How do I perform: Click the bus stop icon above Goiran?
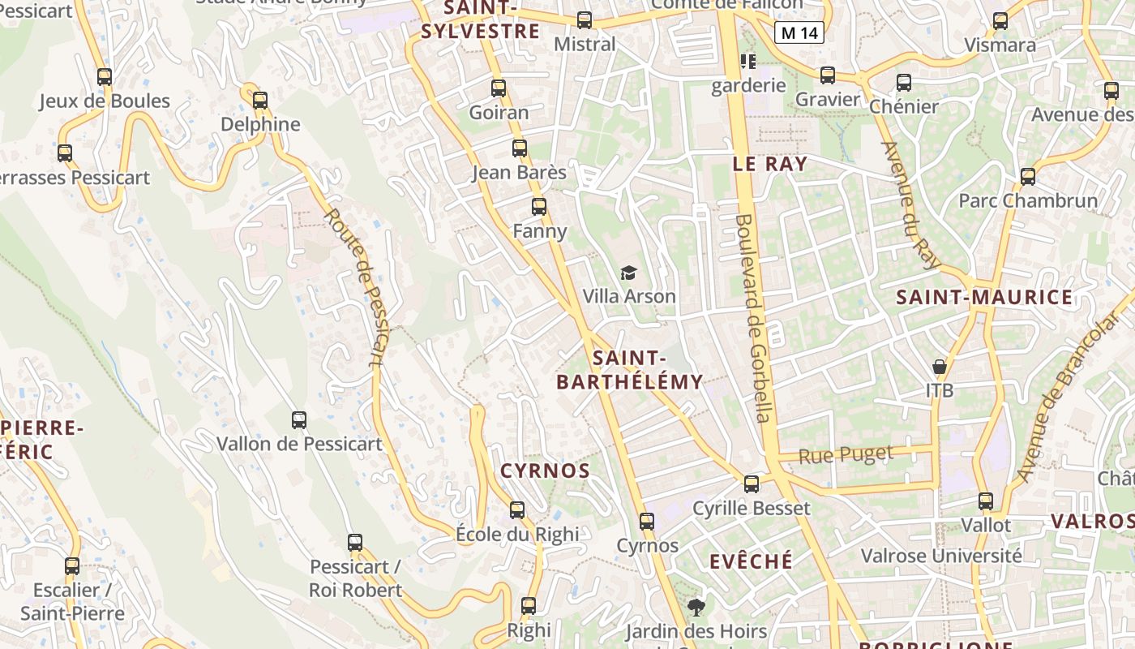click(x=499, y=88)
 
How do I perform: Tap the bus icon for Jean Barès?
click(x=520, y=148)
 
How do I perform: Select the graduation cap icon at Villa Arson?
click(x=628, y=273)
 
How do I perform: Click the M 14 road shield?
click(x=799, y=33)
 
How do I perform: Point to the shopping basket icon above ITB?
click(x=939, y=367)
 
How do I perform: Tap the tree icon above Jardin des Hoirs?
click(x=696, y=607)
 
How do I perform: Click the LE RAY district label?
click(x=769, y=163)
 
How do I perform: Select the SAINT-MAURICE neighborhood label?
click(x=984, y=297)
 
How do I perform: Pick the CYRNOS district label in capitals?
click(x=545, y=471)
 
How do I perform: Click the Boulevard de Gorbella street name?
click(x=752, y=317)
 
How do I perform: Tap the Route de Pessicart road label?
click(x=354, y=286)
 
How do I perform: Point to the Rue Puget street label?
click(x=846, y=454)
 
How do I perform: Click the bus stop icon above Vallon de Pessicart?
click(x=299, y=420)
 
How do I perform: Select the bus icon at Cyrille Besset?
click(x=752, y=484)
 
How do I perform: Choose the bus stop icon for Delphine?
click(x=260, y=101)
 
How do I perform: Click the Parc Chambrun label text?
click(x=1028, y=200)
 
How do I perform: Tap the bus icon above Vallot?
click(x=986, y=501)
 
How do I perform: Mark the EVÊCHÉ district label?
click(x=751, y=561)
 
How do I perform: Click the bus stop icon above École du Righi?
click(x=517, y=510)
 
